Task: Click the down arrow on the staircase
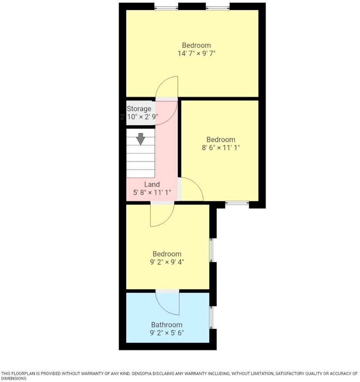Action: [x=141, y=139]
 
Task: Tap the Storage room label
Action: [x=139, y=109]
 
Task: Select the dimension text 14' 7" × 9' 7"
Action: [x=196, y=54]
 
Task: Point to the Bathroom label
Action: [x=167, y=325]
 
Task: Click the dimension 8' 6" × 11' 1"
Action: [x=221, y=147]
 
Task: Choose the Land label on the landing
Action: [x=152, y=184]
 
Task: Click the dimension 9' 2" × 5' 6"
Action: [x=167, y=333]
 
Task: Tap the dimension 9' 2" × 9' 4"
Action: [x=167, y=262]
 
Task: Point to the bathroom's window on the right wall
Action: [x=211, y=318]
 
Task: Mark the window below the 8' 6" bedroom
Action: [x=237, y=203]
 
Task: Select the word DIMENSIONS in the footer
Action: [x=14, y=379]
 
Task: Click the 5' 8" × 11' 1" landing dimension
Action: [x=152, y=193]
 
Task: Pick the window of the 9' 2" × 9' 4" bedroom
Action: [x=211, y=250]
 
